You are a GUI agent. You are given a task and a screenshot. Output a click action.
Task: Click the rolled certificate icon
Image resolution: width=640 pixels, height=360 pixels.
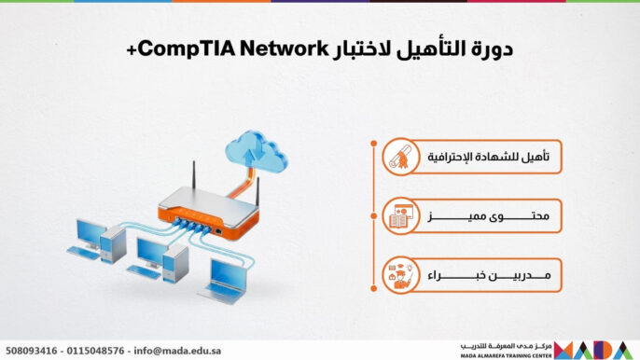point(401,159)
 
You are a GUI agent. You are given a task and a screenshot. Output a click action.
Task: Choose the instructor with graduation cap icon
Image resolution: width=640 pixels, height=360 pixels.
point(401,276)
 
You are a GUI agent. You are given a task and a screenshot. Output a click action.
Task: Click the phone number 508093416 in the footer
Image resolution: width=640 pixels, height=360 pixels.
point(33,351)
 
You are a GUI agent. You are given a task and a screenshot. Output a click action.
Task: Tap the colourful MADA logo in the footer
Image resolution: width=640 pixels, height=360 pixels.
point(596,350)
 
